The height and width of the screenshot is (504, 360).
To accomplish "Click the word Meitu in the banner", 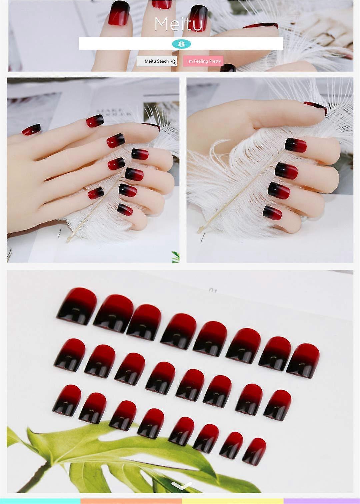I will coord(178,24).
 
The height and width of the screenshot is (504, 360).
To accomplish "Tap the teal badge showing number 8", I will coord(182,44).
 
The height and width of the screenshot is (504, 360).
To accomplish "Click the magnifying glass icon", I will coord(173,62).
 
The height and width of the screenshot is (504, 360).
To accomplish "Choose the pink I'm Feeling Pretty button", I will coord(203,61).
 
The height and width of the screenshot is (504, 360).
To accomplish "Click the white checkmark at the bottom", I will coord(182,486).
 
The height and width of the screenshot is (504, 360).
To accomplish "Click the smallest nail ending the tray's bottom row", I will coord(254,451).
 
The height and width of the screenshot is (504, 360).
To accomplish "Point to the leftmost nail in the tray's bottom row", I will coord(67,400).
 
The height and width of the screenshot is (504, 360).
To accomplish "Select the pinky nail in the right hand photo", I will coord(272,213).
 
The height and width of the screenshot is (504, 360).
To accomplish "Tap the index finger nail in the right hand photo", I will coord(295,145).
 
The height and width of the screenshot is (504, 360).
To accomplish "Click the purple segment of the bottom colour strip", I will coord(322,501).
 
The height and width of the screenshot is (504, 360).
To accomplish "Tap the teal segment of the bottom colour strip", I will coord(40,501).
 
